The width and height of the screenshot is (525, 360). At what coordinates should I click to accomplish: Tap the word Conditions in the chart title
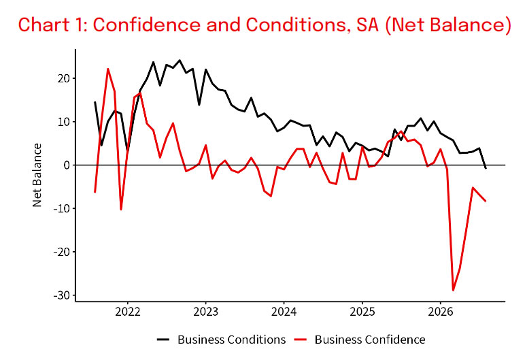coord(297,24)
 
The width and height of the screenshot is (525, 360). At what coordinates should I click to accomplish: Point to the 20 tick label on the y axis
coord(64,78)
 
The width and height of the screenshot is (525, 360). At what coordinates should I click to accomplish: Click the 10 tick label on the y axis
coord(64,122)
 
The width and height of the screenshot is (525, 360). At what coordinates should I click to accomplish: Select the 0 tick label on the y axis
coord(67,165)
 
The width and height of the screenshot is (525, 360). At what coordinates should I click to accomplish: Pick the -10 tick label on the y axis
coord(62,208)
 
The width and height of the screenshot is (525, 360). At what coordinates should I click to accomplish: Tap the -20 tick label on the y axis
coord(62,252)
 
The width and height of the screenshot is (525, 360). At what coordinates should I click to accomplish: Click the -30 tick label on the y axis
coord(62,295)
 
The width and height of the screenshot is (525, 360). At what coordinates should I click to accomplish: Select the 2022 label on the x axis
coord(128,312)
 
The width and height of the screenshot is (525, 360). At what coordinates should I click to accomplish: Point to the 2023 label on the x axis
coord(205,312)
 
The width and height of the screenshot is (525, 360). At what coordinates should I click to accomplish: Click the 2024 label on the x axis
coord(284,312)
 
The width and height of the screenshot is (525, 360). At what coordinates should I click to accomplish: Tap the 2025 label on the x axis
coord(362,312)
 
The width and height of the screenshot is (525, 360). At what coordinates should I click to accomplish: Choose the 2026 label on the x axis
coord(440,312)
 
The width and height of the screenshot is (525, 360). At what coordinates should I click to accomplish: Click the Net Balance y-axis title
coord(37,175)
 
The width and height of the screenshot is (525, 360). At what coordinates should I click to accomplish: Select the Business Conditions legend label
coord(232,340)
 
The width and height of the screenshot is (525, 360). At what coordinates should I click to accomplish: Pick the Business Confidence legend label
coord(370,340)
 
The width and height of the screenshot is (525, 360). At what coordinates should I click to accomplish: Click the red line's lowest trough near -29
coord(453,291)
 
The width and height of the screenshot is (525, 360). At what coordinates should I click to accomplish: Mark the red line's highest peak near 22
coord(108,69)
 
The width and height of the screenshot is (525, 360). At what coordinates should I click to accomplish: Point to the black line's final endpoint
coord(486,168)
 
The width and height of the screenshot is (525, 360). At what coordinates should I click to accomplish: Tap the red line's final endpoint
coord(486,201)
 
